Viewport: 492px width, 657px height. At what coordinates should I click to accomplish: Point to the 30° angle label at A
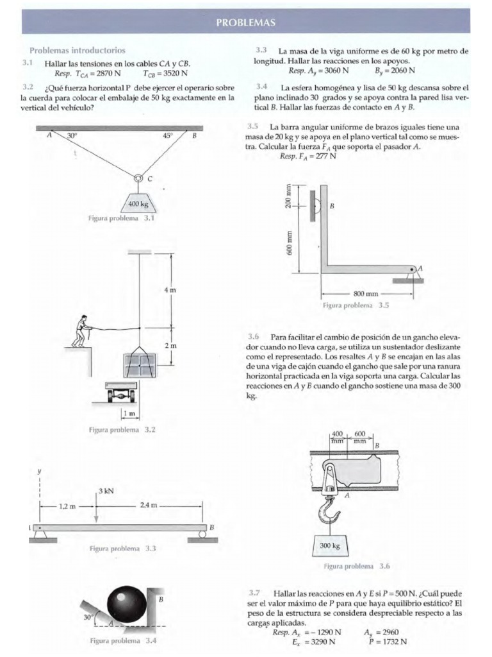click(72, 136)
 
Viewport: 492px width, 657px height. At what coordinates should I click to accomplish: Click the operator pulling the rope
click(81, 332)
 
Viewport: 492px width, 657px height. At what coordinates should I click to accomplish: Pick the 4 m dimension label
click(170, 291)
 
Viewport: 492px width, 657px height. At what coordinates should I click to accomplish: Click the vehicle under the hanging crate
click(122, 393)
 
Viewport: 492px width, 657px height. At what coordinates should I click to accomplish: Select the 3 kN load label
click(106, 491)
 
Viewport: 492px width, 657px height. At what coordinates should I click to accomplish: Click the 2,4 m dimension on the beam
click(149, 506)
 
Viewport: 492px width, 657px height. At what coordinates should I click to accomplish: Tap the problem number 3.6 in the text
click(253, 336)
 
